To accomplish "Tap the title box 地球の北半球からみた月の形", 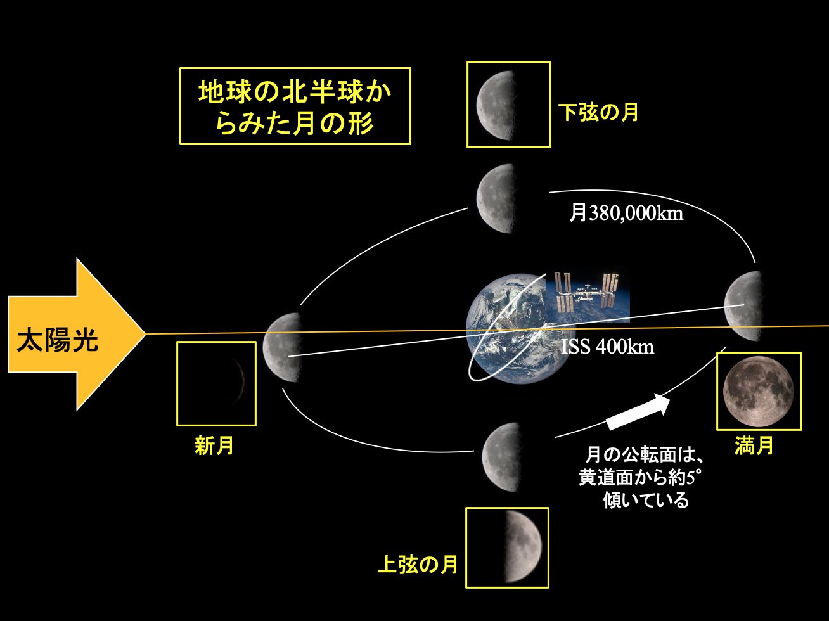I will tap(295, 106).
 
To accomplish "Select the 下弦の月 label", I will tap(598, 113).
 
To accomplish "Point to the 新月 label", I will tap(214, 446).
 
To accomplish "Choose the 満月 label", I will tap(754, 445).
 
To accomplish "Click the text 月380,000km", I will tap(626, 214).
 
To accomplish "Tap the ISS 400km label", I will tap(607, 347).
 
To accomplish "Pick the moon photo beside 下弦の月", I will tap(498, 105).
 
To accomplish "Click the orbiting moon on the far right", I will tap(742, 305).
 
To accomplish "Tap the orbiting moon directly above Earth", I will tap(497, 198).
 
